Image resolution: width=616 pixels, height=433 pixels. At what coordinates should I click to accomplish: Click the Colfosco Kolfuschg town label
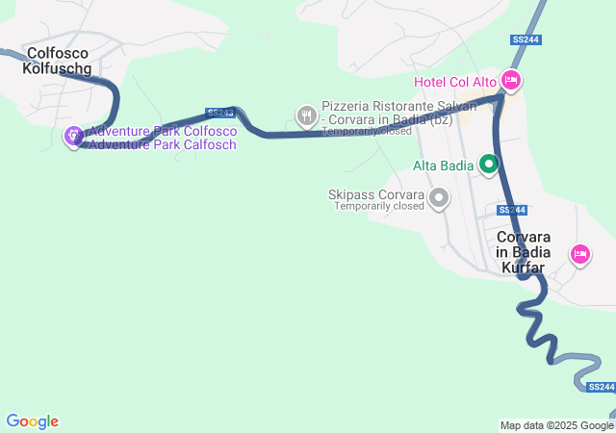[60, 62]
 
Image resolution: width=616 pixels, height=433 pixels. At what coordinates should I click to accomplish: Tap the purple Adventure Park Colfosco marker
[73, 138]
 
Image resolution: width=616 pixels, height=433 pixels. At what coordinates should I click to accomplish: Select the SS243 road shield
[219, 113]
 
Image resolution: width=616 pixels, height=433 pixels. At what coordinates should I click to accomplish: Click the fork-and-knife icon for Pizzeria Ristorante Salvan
[306, 115]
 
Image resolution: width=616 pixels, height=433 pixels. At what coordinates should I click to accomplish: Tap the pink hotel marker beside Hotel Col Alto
[511, 81]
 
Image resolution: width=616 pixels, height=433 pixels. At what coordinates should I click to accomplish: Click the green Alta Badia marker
[488, 166]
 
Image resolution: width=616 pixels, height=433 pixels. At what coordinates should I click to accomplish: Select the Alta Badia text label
[443, 166]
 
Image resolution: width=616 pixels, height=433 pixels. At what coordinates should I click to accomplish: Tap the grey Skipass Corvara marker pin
[439, 198]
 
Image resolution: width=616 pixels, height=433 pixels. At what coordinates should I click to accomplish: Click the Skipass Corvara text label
[376, 194]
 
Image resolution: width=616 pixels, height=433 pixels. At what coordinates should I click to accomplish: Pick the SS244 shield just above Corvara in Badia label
[513, 210]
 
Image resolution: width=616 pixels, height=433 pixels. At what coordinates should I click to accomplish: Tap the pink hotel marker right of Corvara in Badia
[580, 254]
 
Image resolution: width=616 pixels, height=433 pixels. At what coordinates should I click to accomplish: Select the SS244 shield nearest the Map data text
[600, 387]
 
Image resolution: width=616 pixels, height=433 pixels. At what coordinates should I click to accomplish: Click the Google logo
[32, 421]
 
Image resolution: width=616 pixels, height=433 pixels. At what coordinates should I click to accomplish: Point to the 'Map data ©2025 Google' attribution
[556, 425]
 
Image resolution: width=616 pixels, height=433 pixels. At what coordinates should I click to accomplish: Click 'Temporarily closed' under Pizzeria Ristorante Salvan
[367, 131]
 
